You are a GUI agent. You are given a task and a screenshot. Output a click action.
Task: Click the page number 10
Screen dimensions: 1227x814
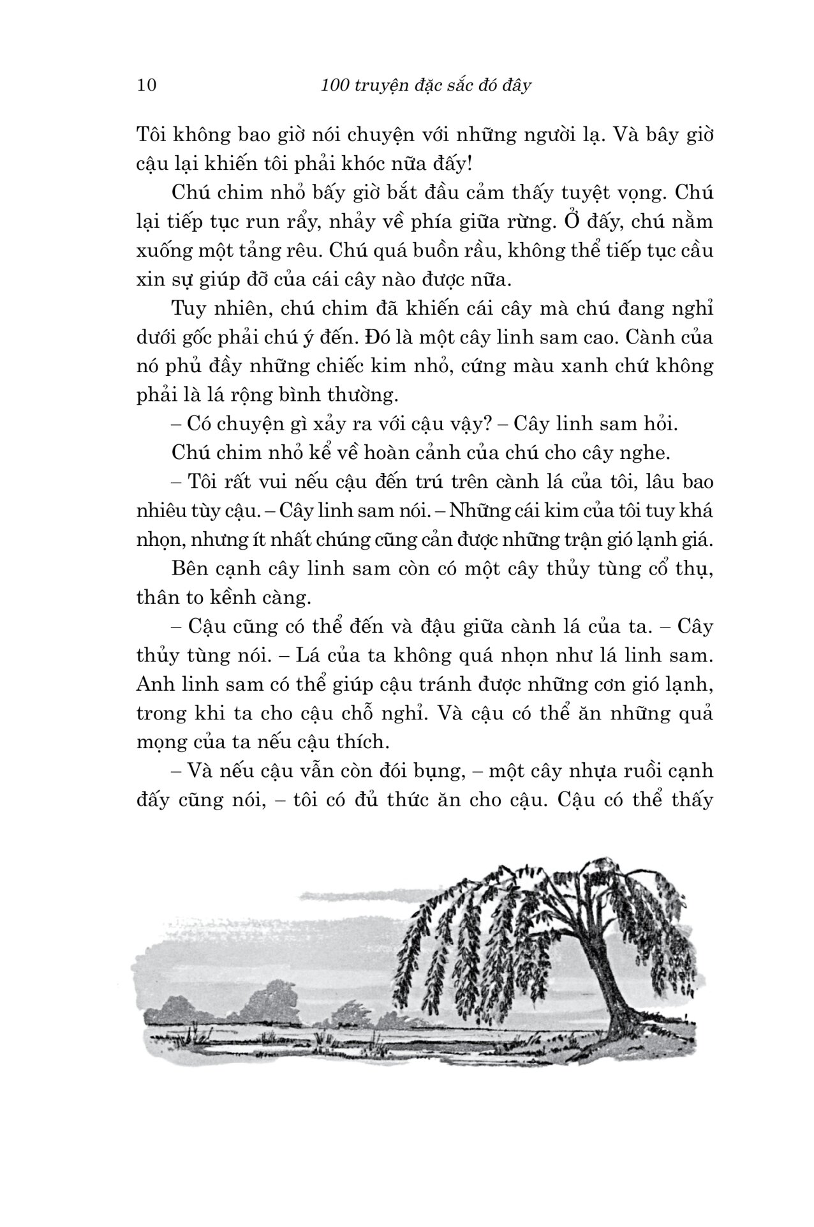[x=147, y=85]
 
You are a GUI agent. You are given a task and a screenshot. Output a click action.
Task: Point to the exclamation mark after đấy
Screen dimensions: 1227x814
[x=470, y=164]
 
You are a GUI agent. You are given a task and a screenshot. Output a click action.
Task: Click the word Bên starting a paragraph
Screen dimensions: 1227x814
[x=189, y=568]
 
